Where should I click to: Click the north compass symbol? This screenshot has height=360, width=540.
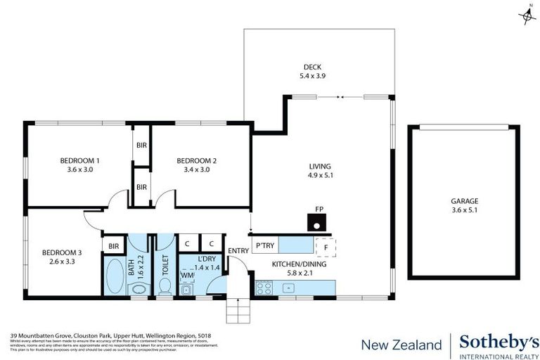click(x=527, y=15)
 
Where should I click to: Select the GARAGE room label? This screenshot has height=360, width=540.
click(x=464, y=200)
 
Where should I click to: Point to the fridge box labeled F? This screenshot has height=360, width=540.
click(x=326, y=247)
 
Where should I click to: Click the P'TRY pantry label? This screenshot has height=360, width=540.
click(x=265, y=245)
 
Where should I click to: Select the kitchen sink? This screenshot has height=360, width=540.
click(x=287, y=288)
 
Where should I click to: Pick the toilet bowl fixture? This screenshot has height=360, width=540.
click(x=165, y=285)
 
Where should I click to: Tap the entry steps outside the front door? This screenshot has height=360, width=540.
click(x=237, y=309)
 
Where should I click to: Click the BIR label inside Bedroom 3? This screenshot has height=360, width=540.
click(x=113, y=245)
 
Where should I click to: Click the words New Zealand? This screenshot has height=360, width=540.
click(x=401, y=345)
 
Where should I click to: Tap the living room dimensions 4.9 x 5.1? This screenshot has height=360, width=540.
click(x=320, y=175)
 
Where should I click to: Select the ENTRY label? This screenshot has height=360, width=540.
click(x=238, y=250)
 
